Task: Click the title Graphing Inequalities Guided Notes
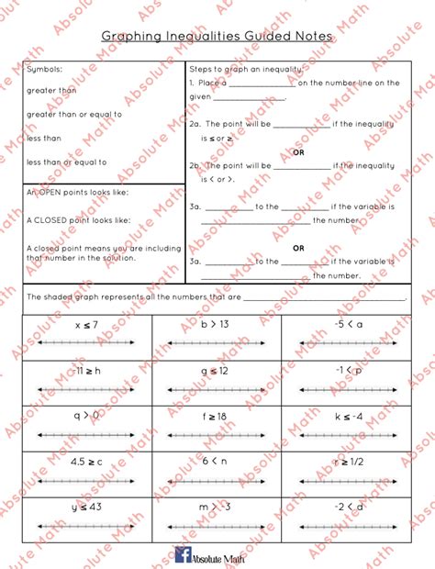[217, 37]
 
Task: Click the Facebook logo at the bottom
[183, 553]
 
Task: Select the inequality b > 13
[216, 325]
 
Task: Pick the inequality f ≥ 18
[216, 415]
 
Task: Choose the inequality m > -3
[216, 506]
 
